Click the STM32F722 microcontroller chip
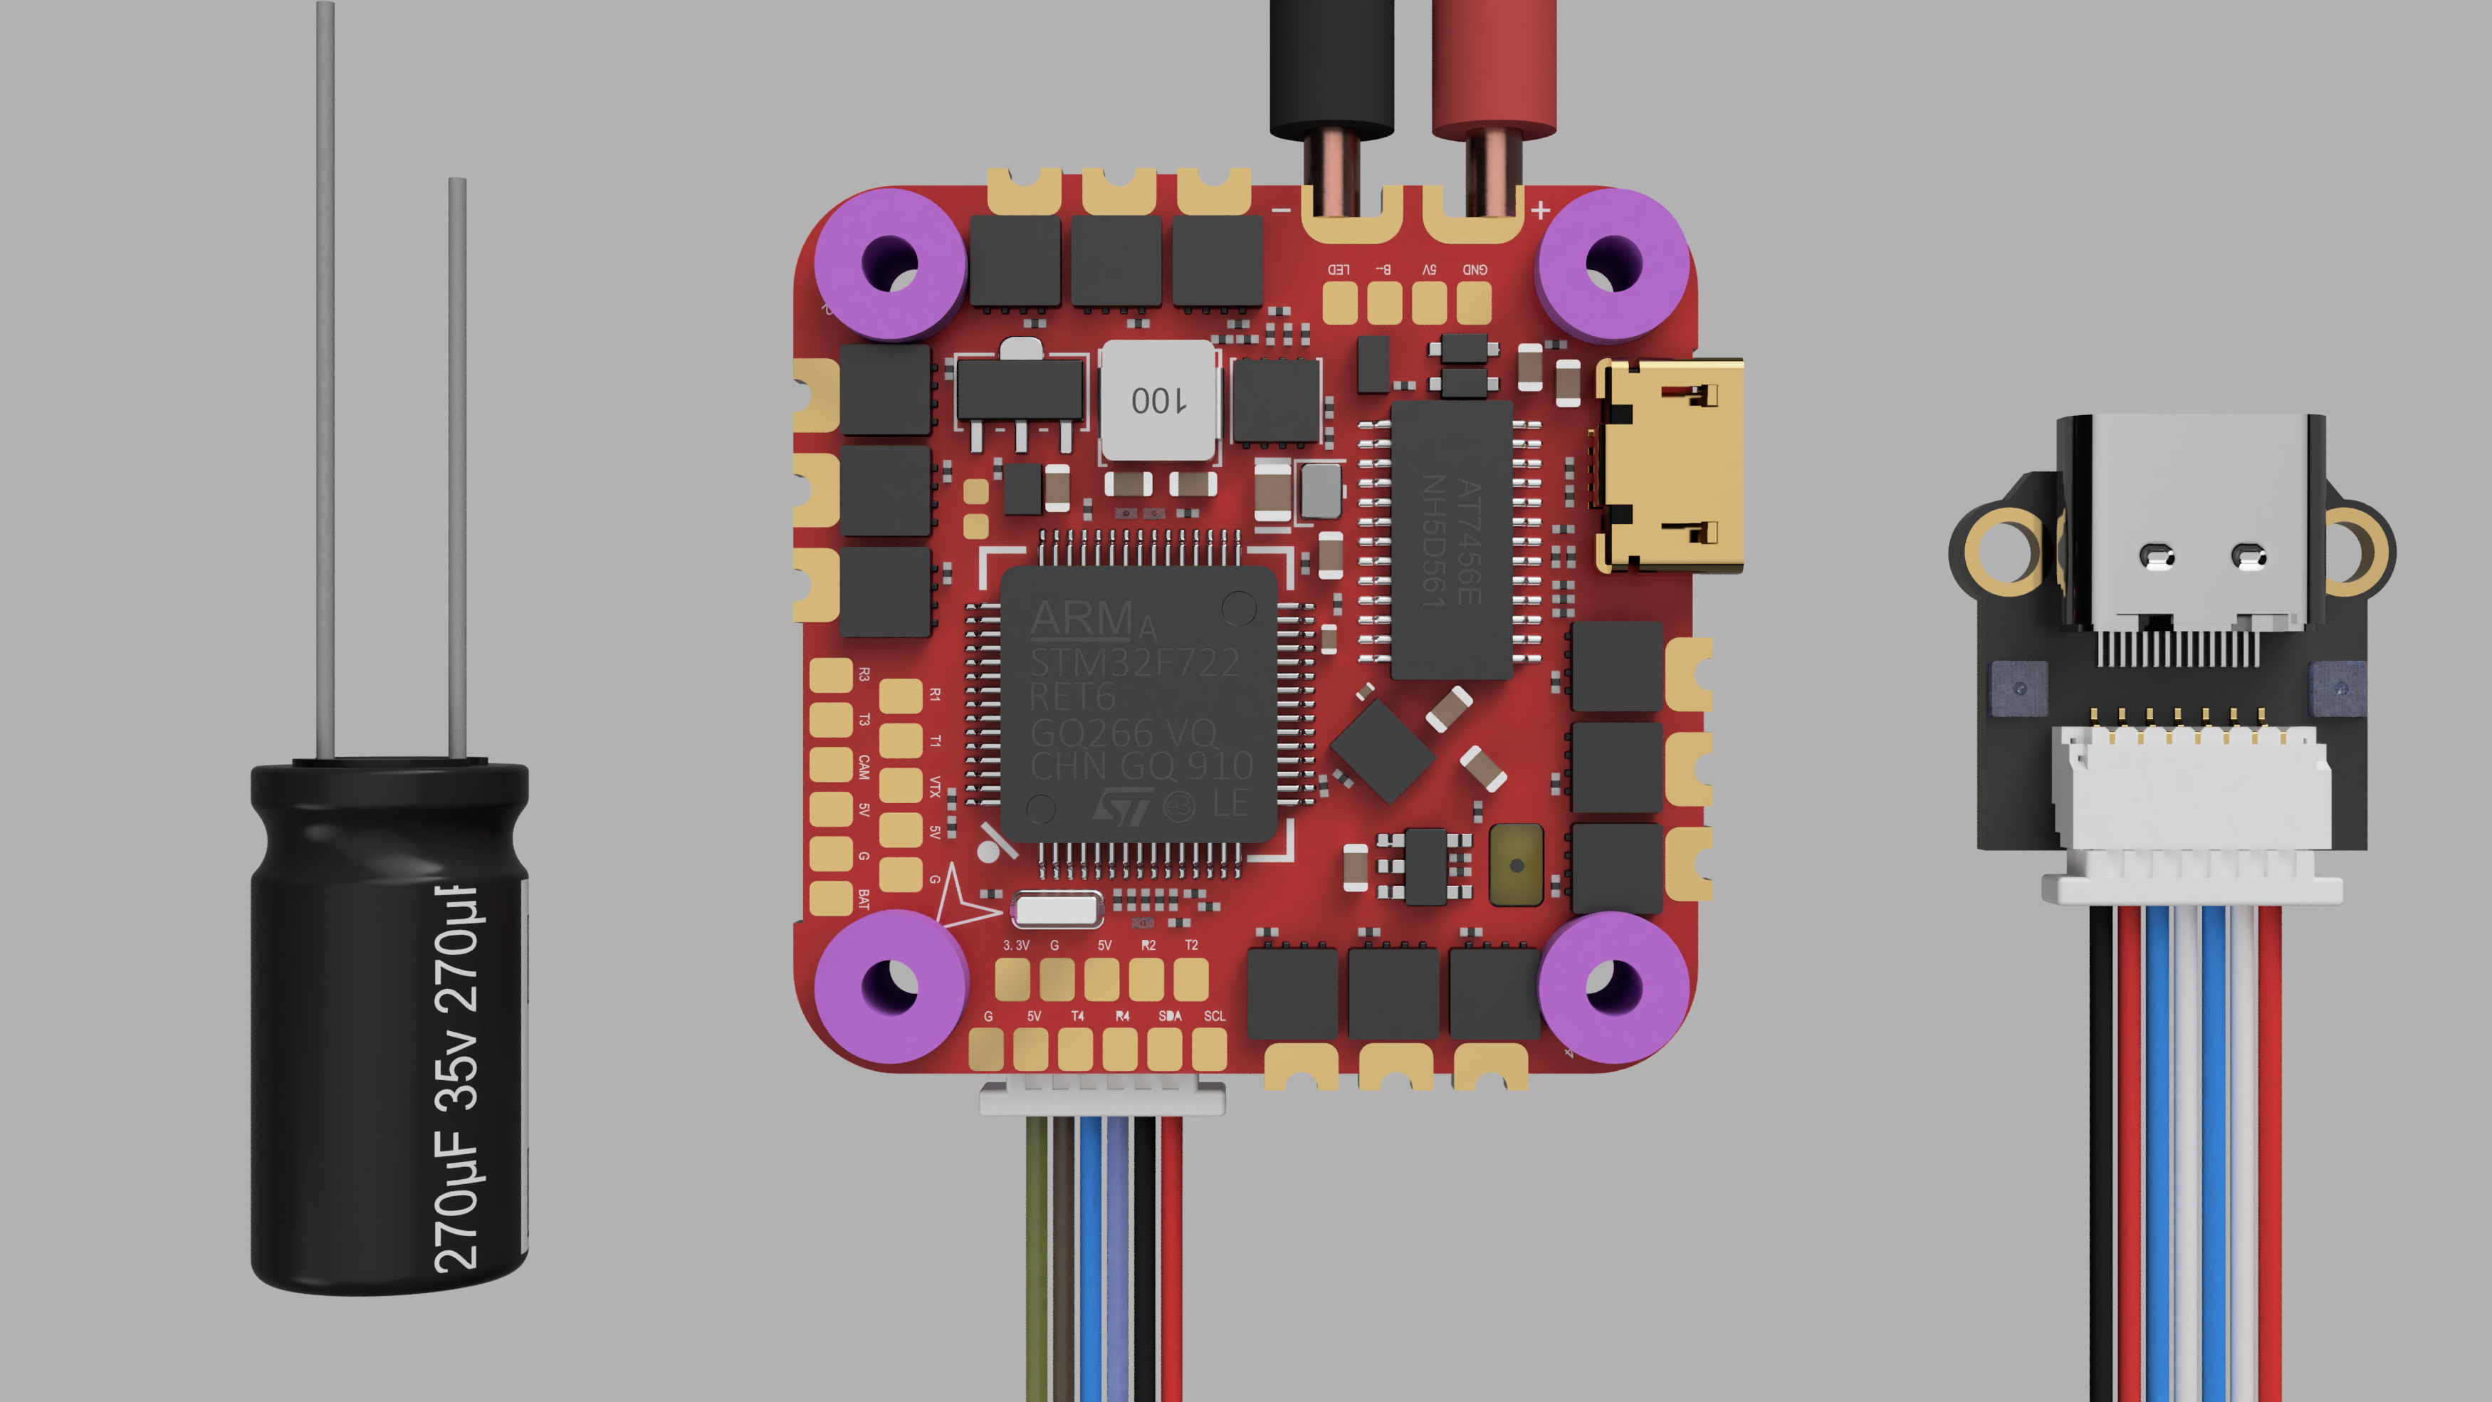(x=1138, y=704)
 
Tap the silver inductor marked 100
(x=1158, y=399)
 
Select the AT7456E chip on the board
(x=1451, y=540)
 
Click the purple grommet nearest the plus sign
(x=1613, y=264)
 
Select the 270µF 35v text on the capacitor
(x=458, y=1079)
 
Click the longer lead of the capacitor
(x=325, y=377)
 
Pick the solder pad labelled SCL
(x=1209, y=1048)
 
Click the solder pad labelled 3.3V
(x=1013, y=979)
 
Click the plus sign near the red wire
(x=1540, y=209)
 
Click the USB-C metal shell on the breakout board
(x=2191, y=523)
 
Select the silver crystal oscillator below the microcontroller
(x=1057, y=909)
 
